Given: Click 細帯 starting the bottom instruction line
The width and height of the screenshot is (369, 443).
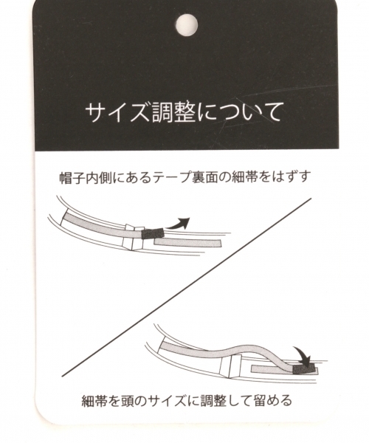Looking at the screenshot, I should click(94, 402).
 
